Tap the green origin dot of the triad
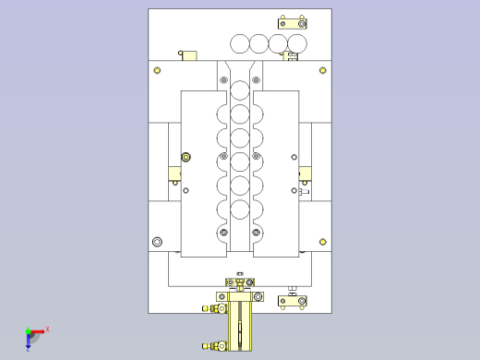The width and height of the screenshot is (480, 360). [x=29, y=331]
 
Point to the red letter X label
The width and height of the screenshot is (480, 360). [x=47, y=329]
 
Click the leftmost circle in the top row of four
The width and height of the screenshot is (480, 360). [x=240, y=43]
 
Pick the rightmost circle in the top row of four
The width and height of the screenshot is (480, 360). [x=297, y=43]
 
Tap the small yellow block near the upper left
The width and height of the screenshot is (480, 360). [x=188, y=56]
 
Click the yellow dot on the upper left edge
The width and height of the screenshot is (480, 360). [x=157, y=69]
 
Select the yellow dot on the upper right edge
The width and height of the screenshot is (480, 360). [x=322, y=69]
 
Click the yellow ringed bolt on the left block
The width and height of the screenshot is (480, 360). [x=186, y=157]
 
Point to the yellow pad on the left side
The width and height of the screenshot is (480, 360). [x=174, y=173]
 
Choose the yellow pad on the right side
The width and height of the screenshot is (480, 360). [x=305, y=173]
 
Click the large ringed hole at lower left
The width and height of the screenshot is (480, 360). [x=157, y=242]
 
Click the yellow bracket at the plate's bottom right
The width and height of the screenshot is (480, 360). [x=294, y=301]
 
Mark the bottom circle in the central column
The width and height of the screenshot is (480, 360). [x=240, y=232]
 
